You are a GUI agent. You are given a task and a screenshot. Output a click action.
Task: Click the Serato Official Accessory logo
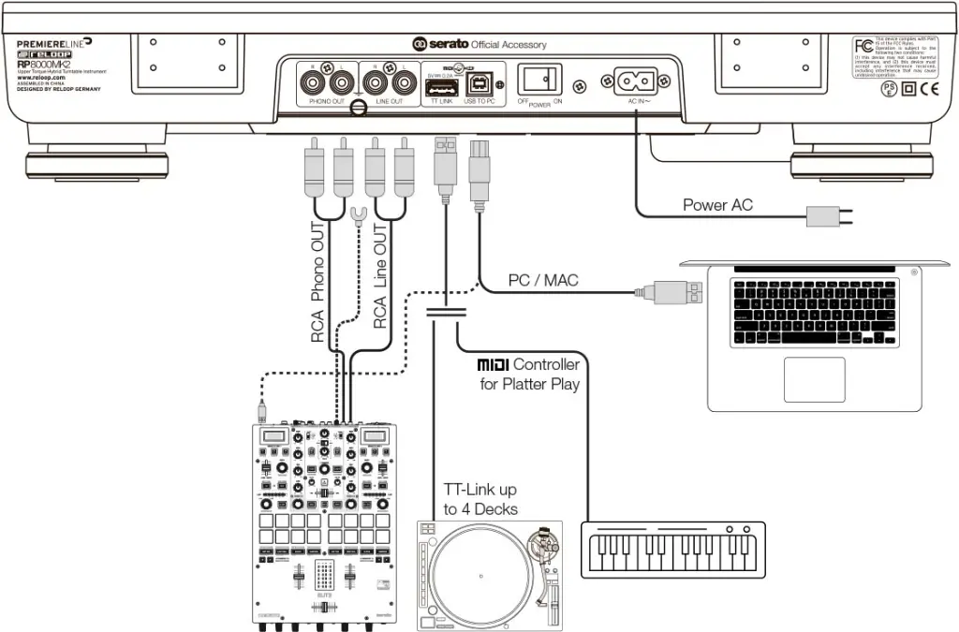[479, 44]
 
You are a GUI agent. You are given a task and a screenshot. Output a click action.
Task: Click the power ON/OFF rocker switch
[540, 79]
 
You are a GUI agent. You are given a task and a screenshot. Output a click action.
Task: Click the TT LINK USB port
[438, 87]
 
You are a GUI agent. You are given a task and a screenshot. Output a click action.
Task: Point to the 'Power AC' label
[717, 205]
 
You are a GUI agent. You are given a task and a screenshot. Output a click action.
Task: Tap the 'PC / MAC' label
[543, 280]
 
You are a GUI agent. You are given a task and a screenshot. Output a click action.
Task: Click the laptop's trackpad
[814, 378]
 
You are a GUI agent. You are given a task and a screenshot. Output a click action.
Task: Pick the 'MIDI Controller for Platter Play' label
[528, 374]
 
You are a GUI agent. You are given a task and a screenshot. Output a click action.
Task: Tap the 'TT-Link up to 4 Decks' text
[480, 500]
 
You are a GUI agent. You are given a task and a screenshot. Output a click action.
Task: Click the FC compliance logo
[862, 47]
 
